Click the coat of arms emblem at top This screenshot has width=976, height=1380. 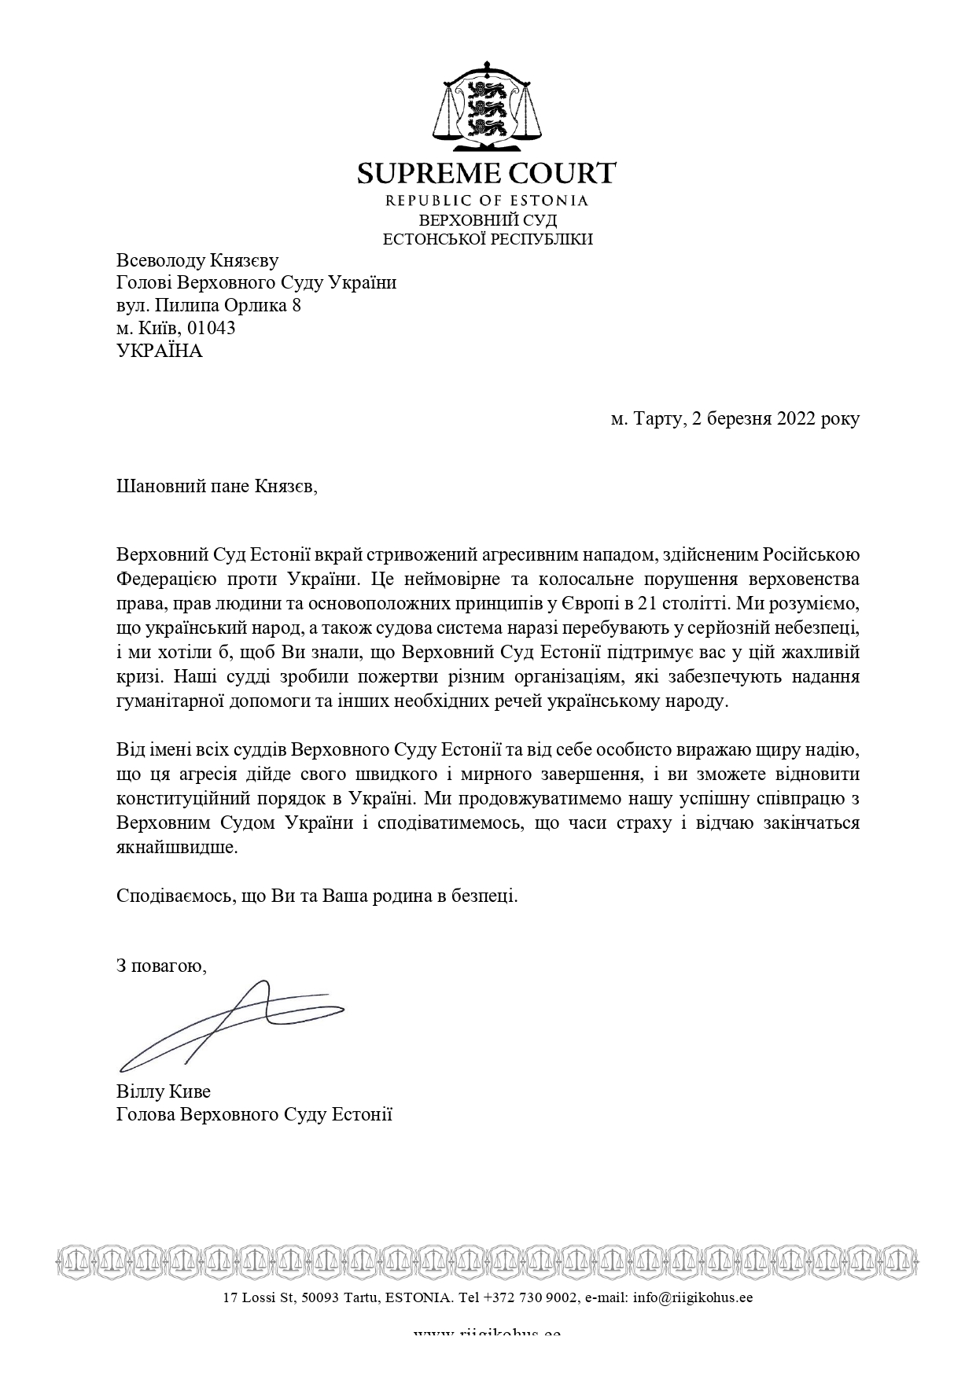[488, 107]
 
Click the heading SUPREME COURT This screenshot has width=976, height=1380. [487, 173]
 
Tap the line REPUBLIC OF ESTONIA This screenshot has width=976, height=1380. [487, 201]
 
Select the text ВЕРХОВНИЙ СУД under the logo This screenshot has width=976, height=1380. [488, 220]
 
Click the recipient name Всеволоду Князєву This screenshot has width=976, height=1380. [197, 260]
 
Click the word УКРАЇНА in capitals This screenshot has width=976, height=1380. [160, 351]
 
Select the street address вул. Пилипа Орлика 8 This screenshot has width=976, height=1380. [208, 305]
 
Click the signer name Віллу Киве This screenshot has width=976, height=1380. [164, 1091]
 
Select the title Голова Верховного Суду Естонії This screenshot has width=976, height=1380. [254, 1114]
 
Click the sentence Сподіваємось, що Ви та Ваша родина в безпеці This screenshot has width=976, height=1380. [317, 895]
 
